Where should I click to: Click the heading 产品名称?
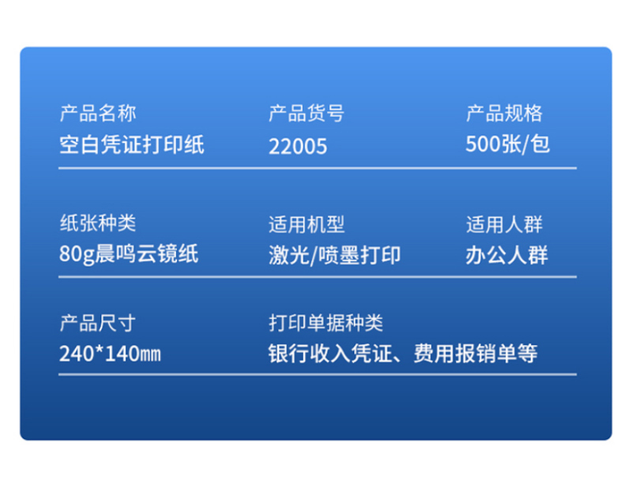98,113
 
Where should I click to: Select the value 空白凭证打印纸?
132,144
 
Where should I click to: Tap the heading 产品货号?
307,113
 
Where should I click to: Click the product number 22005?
298,146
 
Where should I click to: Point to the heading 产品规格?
504,113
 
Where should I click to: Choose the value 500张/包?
507,144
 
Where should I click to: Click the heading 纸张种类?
98,223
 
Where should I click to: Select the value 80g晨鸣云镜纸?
129,254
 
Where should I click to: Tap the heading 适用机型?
307,224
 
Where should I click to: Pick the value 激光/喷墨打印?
334,256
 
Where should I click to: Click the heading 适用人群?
504,224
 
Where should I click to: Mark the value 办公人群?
506,256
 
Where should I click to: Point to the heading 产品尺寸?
98,323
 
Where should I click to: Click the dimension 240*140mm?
110,354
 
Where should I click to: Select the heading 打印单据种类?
325,323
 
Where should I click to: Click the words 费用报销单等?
476,354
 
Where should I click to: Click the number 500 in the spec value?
482,144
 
